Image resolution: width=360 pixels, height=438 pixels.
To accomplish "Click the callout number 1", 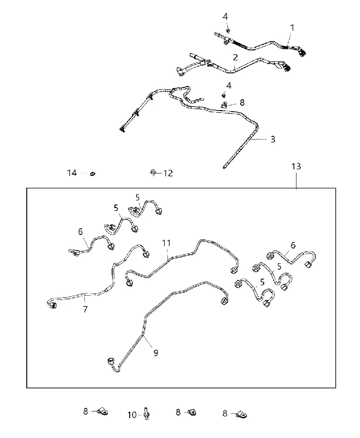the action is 292,28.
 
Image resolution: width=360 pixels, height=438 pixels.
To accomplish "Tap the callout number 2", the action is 236,57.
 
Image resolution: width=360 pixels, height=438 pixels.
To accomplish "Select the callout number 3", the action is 273,139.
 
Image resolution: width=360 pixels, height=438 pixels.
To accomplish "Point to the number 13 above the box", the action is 296,166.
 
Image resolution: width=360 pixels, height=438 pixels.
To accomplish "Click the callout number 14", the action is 72,173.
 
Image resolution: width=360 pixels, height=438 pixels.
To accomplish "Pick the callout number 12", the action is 168,173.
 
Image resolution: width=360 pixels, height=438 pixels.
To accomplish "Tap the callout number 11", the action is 166,243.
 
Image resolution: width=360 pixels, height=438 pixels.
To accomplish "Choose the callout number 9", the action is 156,353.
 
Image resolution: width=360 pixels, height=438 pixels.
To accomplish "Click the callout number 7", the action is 85,309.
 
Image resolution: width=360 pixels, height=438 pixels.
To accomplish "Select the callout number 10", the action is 132,415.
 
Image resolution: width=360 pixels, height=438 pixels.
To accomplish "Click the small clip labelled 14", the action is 92,174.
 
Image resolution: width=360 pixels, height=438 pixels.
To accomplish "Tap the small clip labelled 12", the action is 153,172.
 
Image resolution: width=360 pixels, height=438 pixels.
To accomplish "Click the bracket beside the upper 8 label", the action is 224,105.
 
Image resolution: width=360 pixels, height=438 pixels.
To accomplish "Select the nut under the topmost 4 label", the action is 228,30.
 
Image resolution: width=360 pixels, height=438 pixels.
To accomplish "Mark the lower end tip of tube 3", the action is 224,168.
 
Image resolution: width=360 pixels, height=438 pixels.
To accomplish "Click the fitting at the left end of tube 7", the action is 51,304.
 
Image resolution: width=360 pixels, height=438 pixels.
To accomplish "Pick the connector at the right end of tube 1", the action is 301,53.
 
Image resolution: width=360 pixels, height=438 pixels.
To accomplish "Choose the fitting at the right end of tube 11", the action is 234,270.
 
